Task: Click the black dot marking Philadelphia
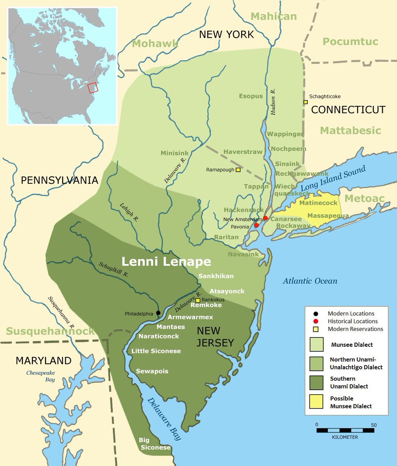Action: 158,313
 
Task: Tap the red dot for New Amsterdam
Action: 265,218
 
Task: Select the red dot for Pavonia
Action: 257,225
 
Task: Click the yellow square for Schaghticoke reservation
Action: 305,102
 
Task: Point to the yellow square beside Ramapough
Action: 238,170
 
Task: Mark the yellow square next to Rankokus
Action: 198,300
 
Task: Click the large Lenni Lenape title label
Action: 166,262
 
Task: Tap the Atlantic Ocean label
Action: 310,281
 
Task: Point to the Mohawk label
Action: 155,43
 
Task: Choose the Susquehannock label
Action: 50,331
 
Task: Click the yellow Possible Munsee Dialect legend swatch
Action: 316,402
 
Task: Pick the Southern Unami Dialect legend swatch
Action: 316,382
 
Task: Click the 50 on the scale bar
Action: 373,425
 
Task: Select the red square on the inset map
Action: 93,88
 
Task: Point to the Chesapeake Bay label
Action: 40,376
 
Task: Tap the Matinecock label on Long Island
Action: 318,203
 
